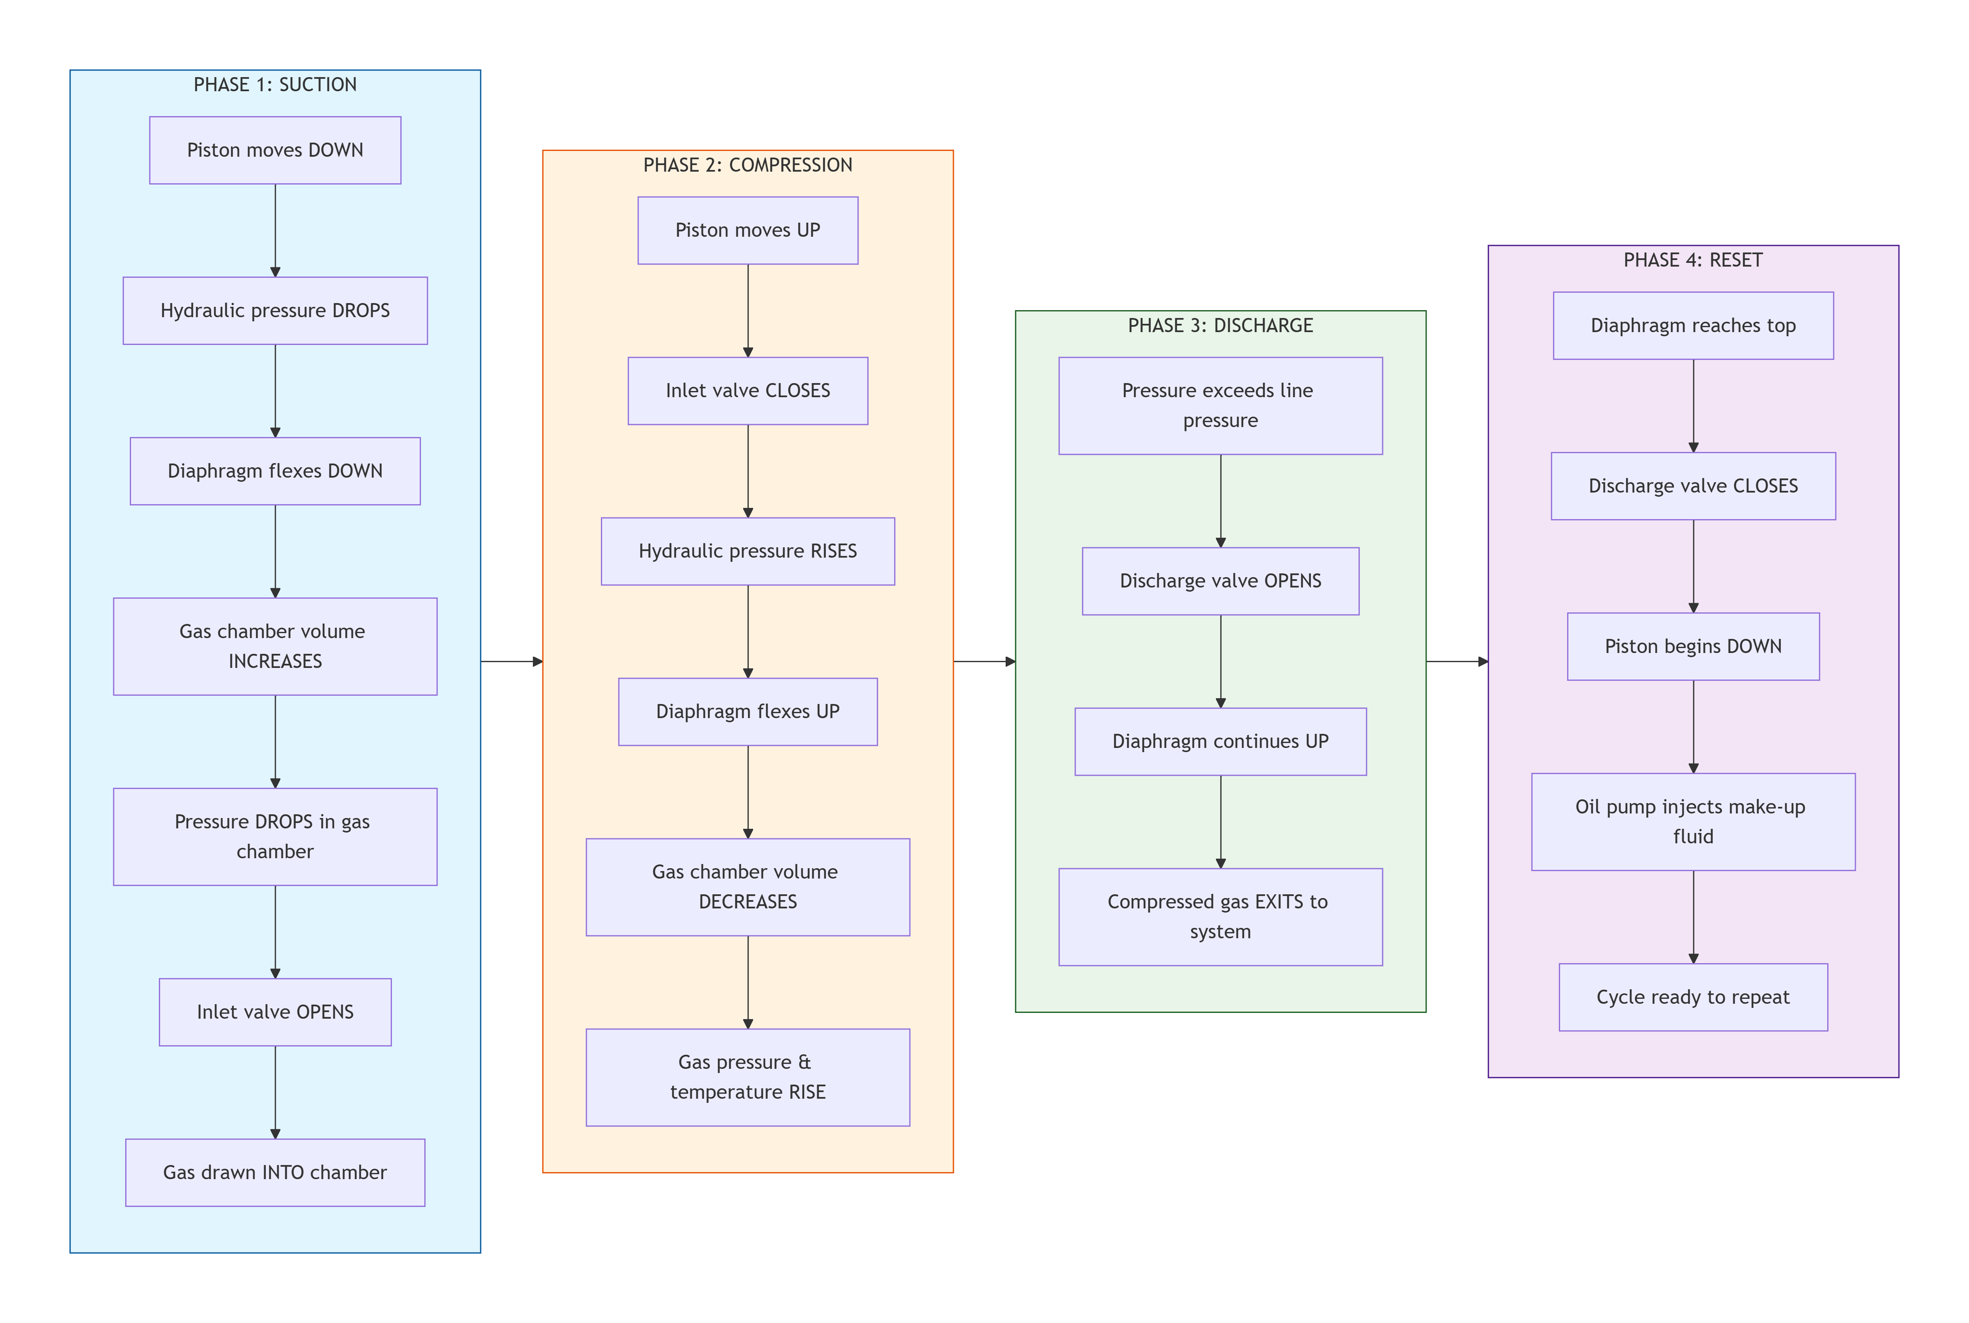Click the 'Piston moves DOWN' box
pyautogui.click(x=275, y=150)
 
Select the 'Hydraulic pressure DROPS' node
pyautogui.click(x=275, y=311)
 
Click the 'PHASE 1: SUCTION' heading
pyautogui.click(x=275, y=85)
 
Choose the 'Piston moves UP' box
pyautogui.click(x=748, y=231)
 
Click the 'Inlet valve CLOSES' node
pyautogui.click(x=748, y=391)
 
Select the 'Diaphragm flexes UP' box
pyautogui.click(x=748, y=711)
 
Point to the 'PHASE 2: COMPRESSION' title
pyautogui.click(x=748, y=165)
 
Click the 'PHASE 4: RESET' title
pyautogui.click(x=1693, y=260)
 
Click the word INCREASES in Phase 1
pyautogui.click(x=275, y=662)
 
